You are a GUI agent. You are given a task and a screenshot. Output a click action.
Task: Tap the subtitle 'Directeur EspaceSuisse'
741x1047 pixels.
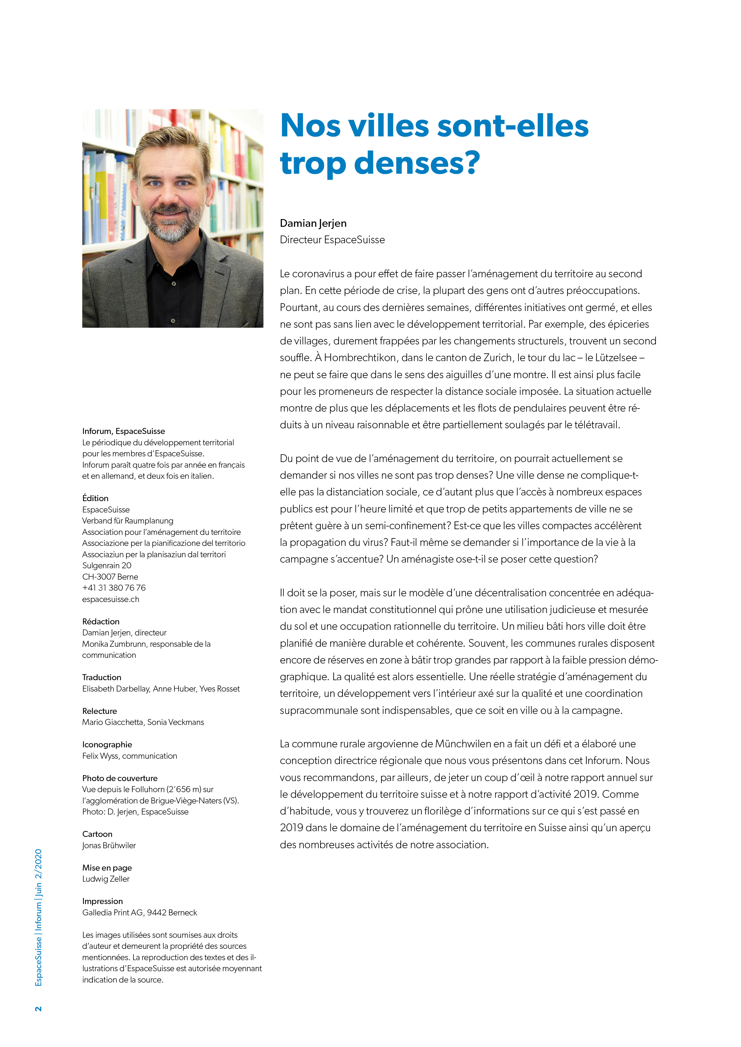pos(332,240)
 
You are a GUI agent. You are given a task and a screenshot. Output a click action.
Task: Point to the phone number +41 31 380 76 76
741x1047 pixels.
pos(113,588)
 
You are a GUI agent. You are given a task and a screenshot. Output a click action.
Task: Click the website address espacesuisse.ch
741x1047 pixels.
pos(111,599)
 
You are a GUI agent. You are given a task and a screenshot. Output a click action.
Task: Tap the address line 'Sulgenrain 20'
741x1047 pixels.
pos(107,566)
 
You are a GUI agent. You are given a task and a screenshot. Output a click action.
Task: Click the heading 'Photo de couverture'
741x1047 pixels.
pos(119,778)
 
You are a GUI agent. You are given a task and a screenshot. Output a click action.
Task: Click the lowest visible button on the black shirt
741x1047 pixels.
pos(173,321)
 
